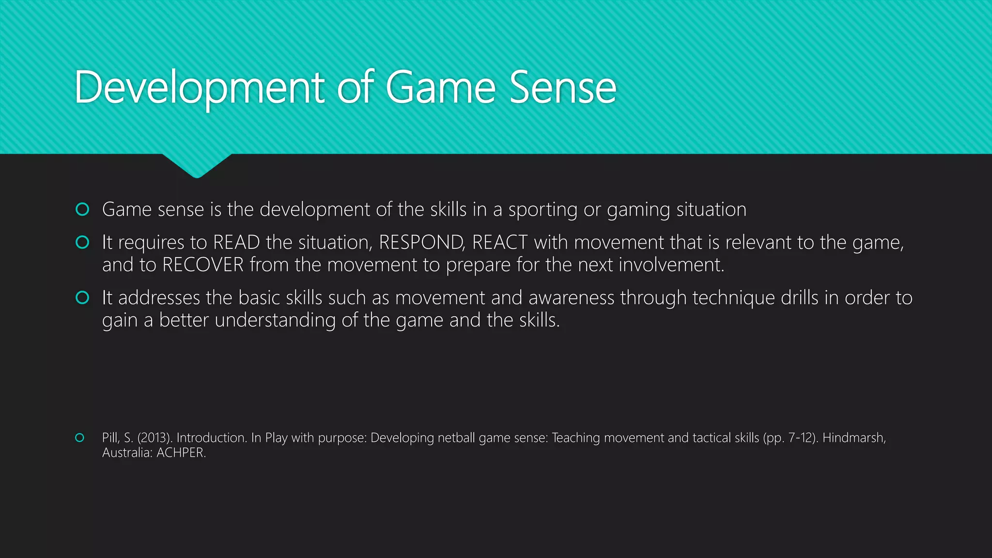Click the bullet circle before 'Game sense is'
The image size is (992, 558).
click(x=82, y=209)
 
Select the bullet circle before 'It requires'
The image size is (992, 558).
click(x=82, y=242)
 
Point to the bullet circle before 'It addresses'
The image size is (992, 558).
click(x=82, y=297)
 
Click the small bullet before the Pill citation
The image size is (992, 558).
click(x=80, y=438)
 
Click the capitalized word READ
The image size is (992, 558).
click(x=236, y=242)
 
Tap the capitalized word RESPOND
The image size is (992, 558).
click(x=420, y=242)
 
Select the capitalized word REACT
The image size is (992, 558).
click(x=499, y=242)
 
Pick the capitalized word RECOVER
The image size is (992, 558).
click(x=202, y=265)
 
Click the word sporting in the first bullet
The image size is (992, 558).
click(x=542, y=210)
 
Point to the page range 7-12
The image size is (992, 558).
click(x=801, y=438)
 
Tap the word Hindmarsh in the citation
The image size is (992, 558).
click(x=853, y=438)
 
